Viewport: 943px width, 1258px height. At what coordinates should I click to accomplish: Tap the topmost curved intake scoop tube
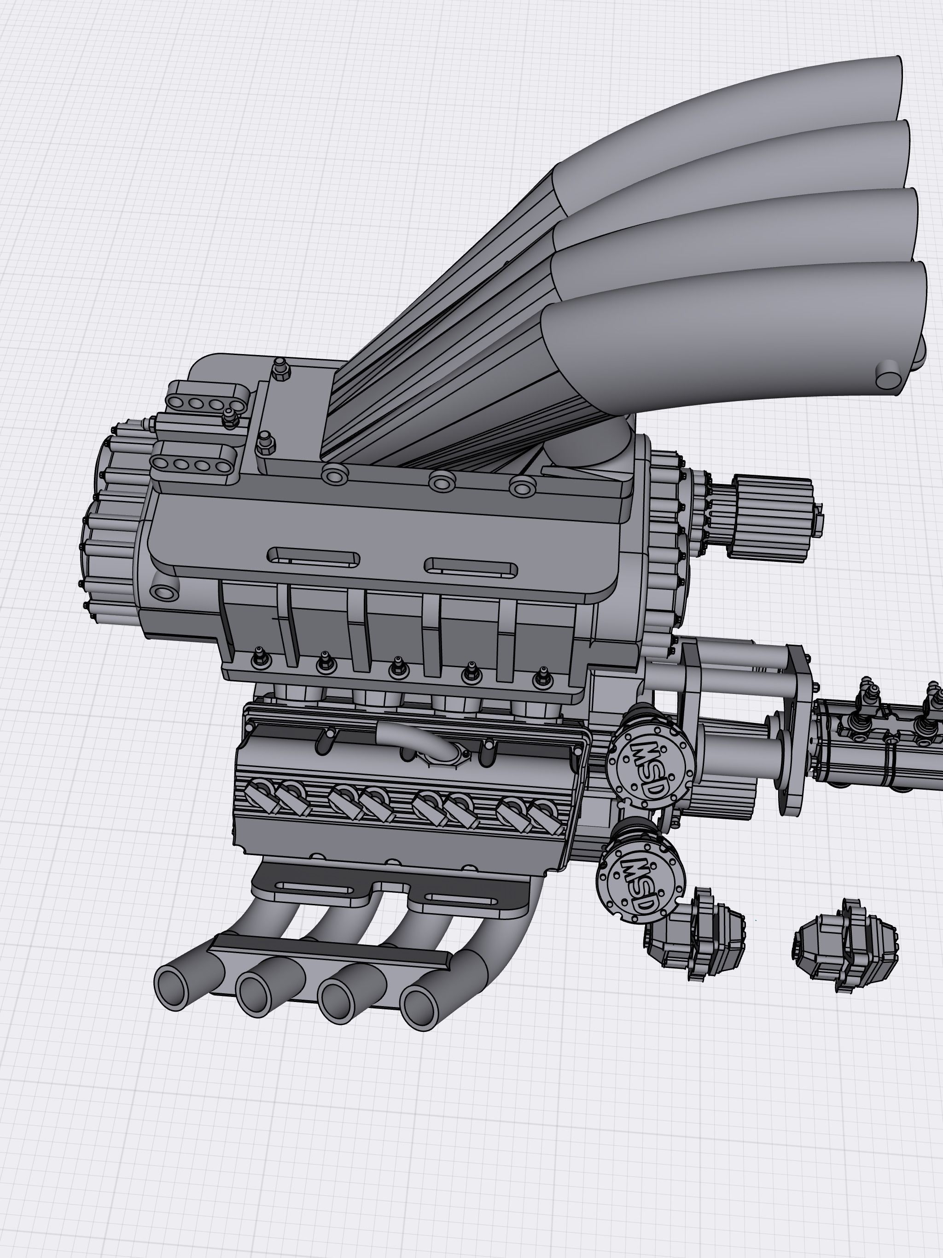click(768, 108)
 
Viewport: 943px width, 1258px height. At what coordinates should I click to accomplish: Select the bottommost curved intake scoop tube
click(739, 330)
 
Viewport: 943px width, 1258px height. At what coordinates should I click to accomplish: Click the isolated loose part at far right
click(844, 944)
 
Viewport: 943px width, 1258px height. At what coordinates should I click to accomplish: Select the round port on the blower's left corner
click(165, 593)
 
